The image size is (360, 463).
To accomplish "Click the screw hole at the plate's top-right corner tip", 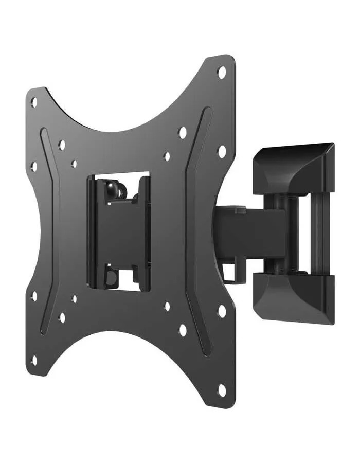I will point(222,72).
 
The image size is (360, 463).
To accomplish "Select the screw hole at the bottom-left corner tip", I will point(34,361).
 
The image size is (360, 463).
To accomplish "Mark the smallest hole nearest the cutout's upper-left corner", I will point(74,164).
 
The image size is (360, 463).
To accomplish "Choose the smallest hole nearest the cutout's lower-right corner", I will point(167,307).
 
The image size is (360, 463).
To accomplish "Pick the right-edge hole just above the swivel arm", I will point(222,151).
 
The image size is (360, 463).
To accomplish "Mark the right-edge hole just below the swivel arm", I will point(222,311).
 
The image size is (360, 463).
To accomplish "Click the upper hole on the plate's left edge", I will point(34,166).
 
